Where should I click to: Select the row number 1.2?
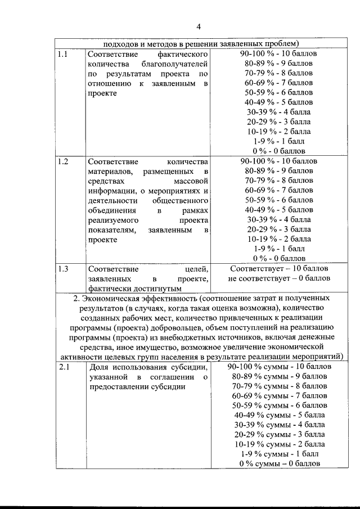click(63, 161)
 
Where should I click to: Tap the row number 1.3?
click(63, 268)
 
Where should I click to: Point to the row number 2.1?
click(63, 367)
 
